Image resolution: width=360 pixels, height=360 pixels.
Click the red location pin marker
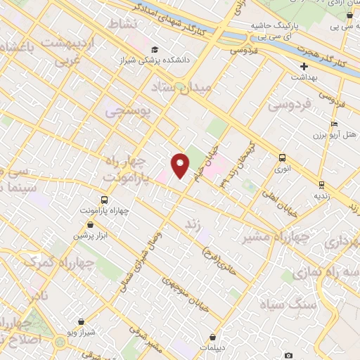[181, 165]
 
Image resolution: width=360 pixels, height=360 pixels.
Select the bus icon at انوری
[282, 158]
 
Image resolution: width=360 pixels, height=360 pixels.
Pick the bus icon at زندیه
[322, 185]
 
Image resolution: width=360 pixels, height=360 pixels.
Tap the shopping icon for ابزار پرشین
[90, 224]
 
